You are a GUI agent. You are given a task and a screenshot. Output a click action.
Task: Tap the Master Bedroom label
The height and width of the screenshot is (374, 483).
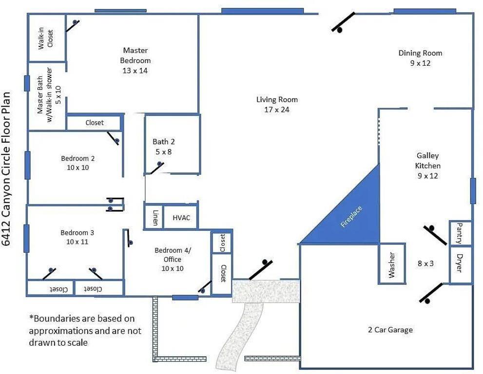[135, 55]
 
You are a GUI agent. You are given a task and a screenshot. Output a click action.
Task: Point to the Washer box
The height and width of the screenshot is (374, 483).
[392, 264]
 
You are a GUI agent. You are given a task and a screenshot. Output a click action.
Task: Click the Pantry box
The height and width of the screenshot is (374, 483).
[460, 233]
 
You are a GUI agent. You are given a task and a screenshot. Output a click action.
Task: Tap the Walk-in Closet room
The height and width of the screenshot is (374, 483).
[46, 38]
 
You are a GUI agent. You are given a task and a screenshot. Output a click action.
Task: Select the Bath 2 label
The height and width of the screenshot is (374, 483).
[163, 142]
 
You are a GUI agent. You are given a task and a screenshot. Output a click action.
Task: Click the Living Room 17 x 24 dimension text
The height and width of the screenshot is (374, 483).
[276, 110]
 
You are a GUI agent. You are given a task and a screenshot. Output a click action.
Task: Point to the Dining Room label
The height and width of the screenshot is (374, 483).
[420, 53]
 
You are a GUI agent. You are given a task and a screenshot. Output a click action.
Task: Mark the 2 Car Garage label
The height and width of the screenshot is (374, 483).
[390, 330]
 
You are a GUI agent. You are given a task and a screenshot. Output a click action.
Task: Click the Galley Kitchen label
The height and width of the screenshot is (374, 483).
[427, 161]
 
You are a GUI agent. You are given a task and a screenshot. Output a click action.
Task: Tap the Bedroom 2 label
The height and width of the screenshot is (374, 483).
[78, 158]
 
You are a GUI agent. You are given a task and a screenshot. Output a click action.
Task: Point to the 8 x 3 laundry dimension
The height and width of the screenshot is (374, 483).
[425, 263]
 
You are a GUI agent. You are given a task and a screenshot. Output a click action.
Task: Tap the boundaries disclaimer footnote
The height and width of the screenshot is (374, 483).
[85, 330]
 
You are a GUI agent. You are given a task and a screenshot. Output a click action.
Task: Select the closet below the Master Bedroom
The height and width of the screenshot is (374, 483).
[94, 123]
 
